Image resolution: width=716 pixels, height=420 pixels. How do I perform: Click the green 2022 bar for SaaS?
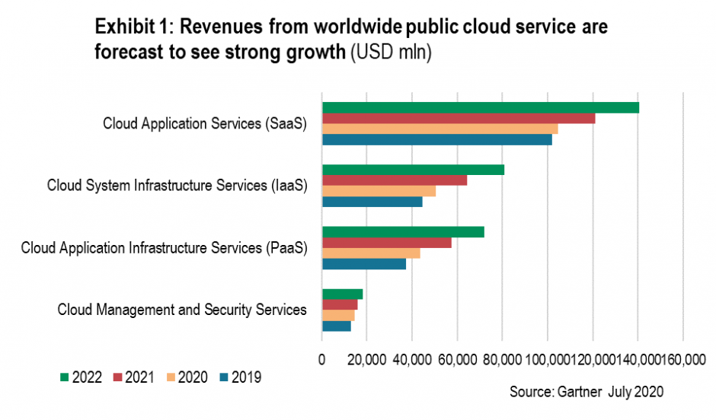tap(480, 107)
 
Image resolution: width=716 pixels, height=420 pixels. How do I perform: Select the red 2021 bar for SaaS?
tap(458, 118)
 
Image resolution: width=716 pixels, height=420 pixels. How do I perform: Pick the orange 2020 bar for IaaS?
tap(379, 191)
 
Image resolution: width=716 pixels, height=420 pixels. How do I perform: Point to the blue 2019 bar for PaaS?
tap(363, 264)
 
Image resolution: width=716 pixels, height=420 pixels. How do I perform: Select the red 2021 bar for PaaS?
tap(386, 243)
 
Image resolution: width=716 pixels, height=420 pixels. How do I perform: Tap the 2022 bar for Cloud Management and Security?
tap(342, 294)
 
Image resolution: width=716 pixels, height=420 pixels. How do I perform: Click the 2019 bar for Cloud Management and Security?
tap(336, 326)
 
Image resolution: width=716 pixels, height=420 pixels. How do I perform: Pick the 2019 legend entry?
tap(239, 377)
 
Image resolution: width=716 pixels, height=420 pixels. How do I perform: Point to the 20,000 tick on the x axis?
tap(366, 358)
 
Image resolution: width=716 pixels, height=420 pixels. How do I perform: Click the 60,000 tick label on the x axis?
tap(457, 358)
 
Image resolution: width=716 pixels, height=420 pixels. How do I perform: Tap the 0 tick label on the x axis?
tap(322, 358)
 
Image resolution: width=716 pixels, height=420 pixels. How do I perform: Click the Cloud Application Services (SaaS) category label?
tap(205, 124)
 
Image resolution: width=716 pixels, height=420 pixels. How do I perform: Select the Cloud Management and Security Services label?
tap(182, 310)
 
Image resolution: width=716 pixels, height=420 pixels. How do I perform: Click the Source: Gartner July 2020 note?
tap(587, 393)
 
